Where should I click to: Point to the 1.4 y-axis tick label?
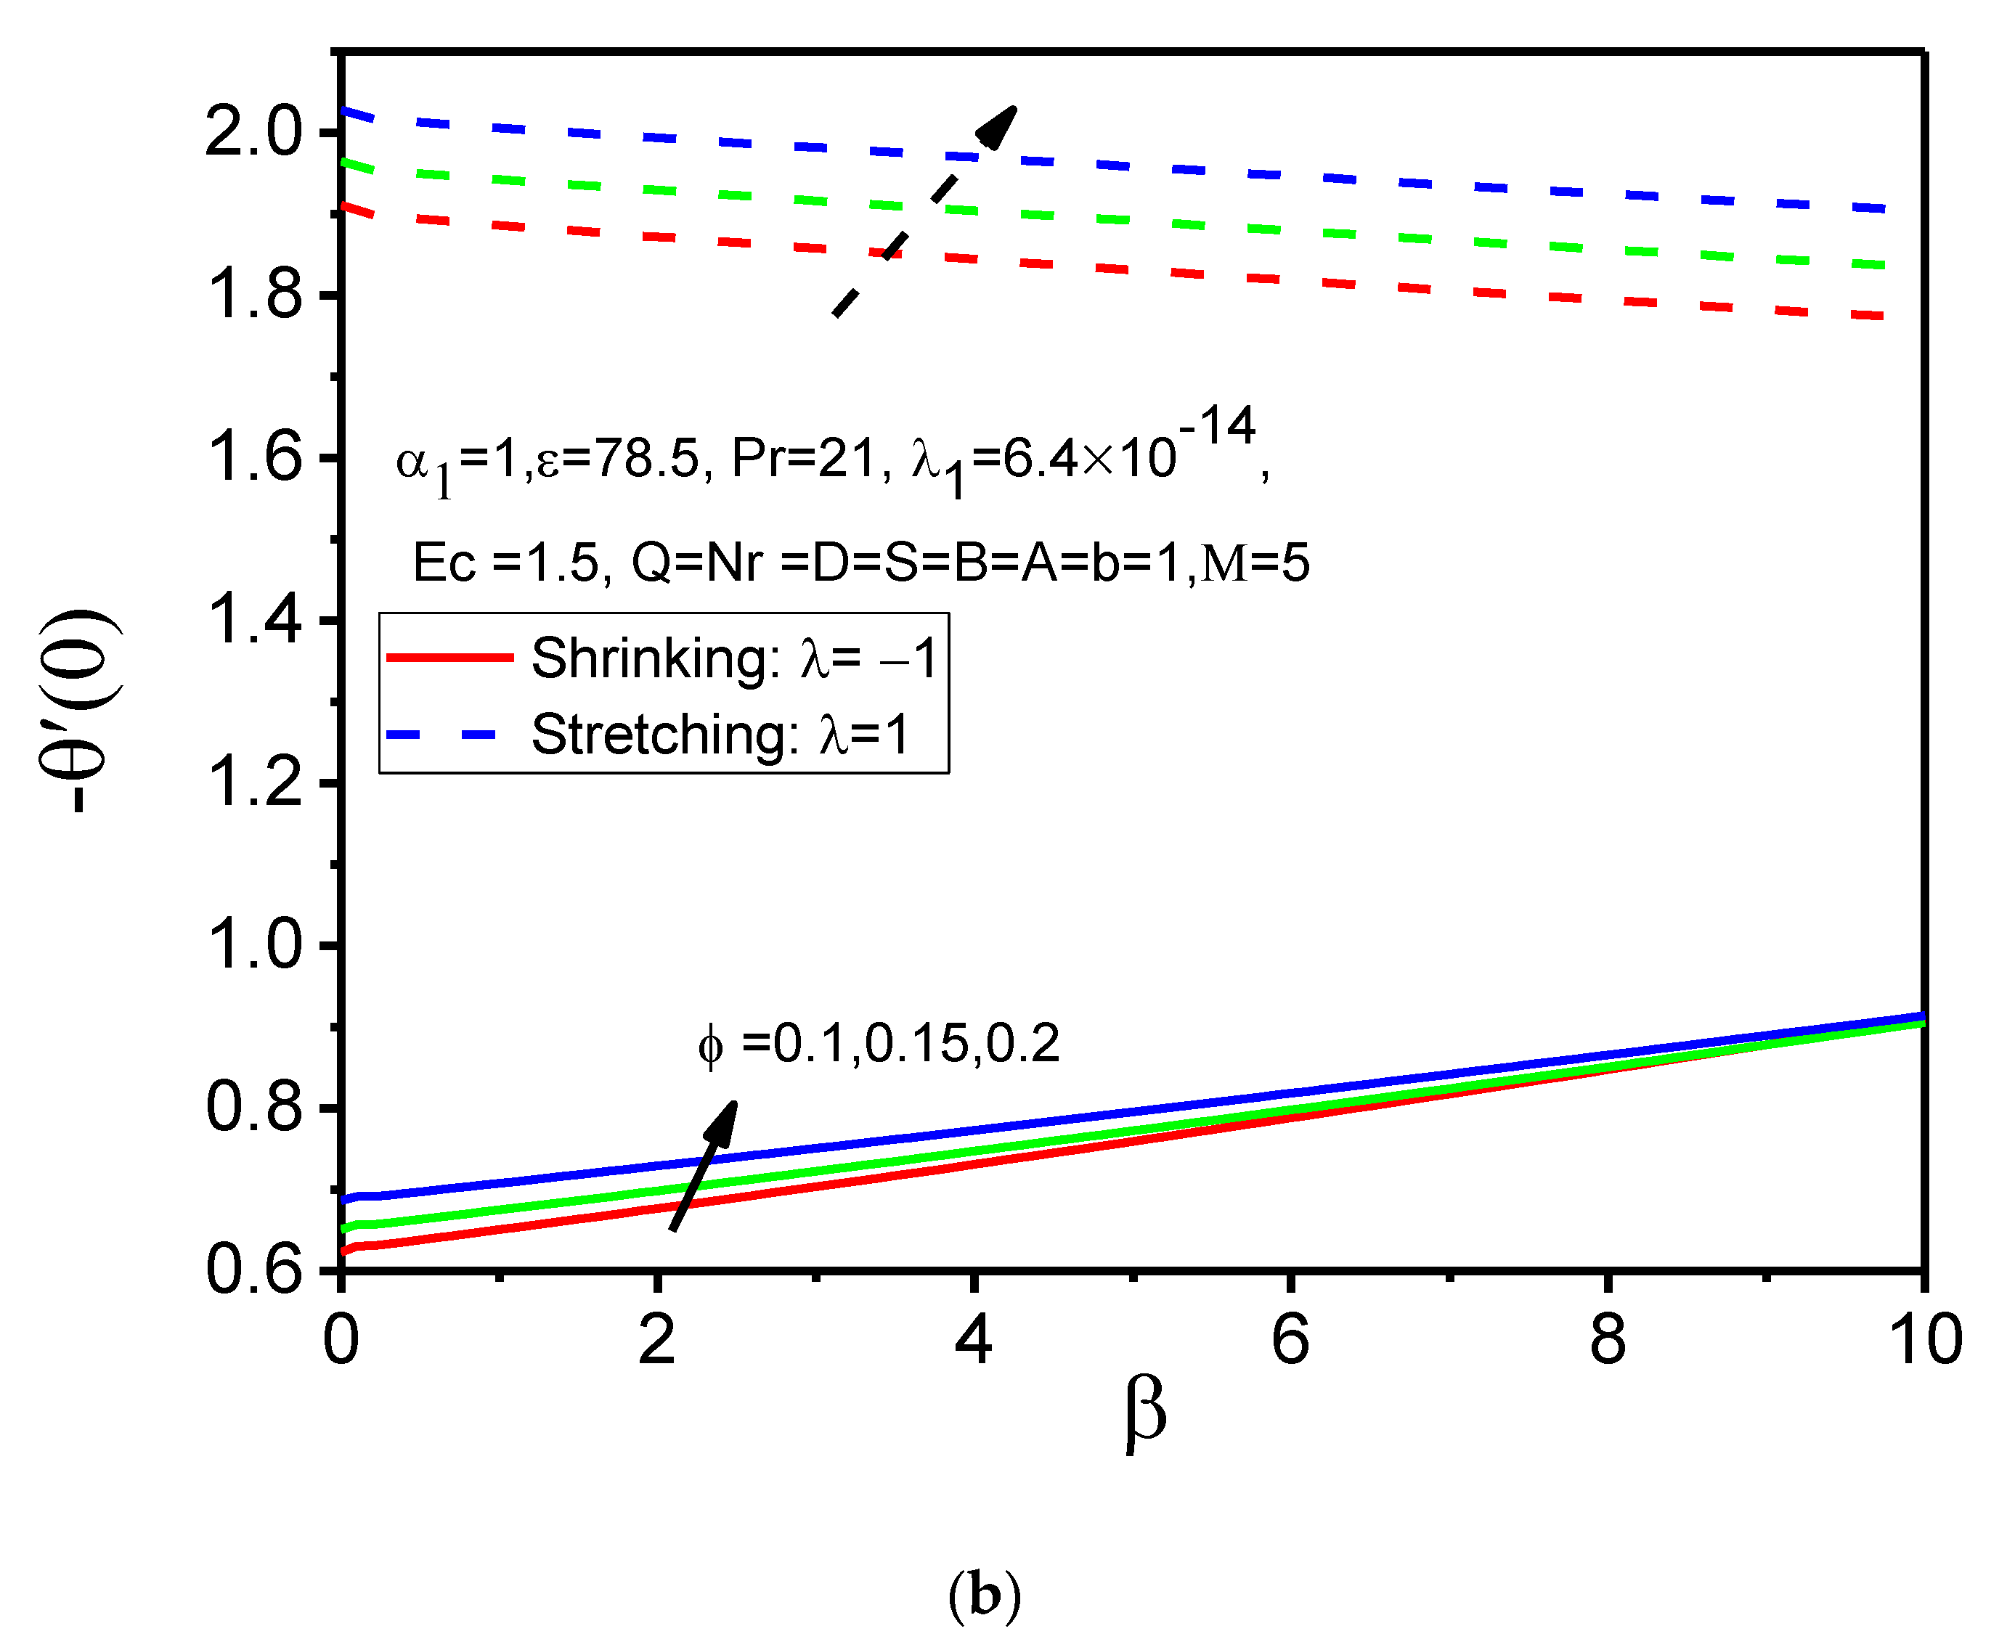pos(253,621)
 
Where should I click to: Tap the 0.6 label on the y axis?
pos(253,1270)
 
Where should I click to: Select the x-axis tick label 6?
pos(1290,1340)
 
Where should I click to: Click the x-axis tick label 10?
pos(1924,1340)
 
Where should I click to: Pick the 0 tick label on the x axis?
pos(341,1340)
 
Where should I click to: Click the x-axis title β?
pos(1145,1412)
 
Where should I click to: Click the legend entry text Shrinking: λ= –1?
pos(733,658)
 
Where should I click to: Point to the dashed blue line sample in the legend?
pos(442,733)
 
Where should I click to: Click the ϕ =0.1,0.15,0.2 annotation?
pos(878,1045)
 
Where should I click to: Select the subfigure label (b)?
pos(984,1597)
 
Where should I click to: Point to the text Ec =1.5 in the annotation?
pos(505,563)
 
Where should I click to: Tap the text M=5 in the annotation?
pos(1255,563)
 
